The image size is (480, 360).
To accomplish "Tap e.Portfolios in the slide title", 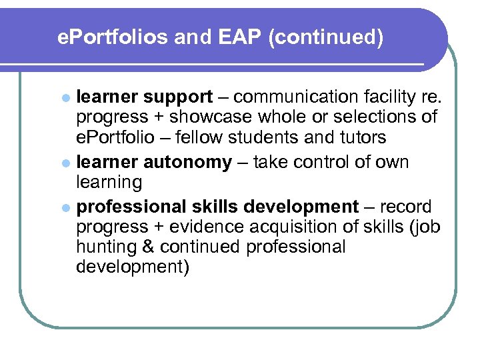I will (x=113, y=38).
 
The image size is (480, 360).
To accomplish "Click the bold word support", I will (x=177, y=97).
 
